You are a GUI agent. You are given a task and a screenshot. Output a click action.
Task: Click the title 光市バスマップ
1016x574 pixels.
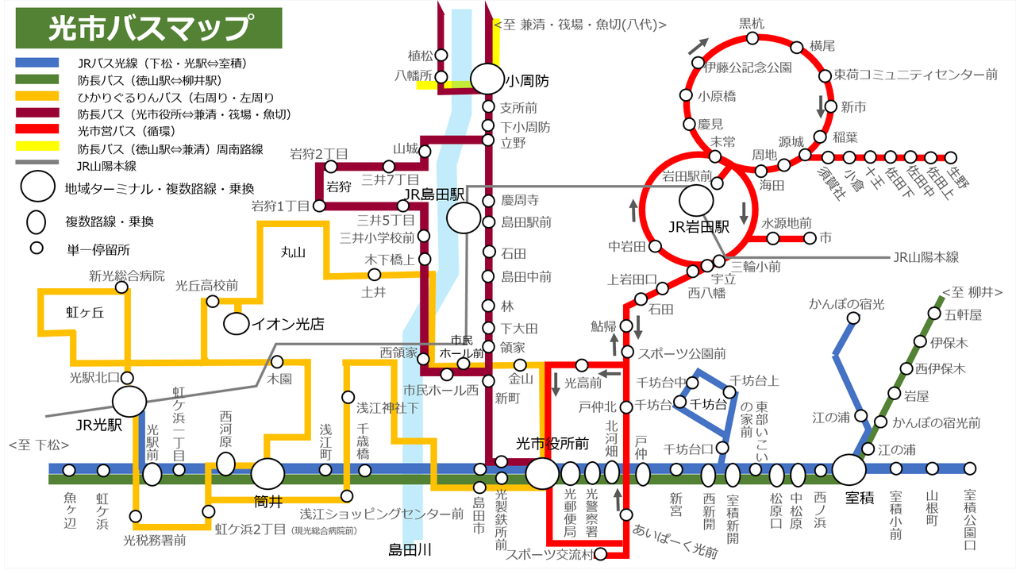pos(149,29)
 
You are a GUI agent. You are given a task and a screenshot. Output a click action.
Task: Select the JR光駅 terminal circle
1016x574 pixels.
pos(129,402)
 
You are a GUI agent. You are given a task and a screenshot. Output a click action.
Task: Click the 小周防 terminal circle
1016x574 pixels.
pos(487,79)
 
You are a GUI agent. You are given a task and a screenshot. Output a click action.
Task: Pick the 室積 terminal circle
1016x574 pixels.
pos(849,469)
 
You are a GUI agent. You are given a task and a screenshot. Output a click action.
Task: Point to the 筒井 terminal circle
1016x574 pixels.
pos(267,474)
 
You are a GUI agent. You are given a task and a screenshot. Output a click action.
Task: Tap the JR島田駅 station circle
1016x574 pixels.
pos(463,218)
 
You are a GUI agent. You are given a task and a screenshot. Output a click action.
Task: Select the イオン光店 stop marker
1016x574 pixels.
pos(236,324)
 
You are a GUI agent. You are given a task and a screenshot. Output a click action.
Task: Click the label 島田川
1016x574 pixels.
pos(410,549)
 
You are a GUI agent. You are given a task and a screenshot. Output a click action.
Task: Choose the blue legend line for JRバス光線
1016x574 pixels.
pos(37,63)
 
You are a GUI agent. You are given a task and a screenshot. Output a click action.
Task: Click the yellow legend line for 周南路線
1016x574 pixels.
pos(37,146)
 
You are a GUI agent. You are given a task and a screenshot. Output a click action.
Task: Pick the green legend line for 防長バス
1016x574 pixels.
pos(37,79)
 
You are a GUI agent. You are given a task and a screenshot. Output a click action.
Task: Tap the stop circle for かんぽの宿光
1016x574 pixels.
pos(853,318)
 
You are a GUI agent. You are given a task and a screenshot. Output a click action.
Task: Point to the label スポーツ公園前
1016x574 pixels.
pos(682,352)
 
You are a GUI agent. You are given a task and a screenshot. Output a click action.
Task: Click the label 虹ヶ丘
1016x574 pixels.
pos(85,313)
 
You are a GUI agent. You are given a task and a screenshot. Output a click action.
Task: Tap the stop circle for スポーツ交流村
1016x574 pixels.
pos(601,554)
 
